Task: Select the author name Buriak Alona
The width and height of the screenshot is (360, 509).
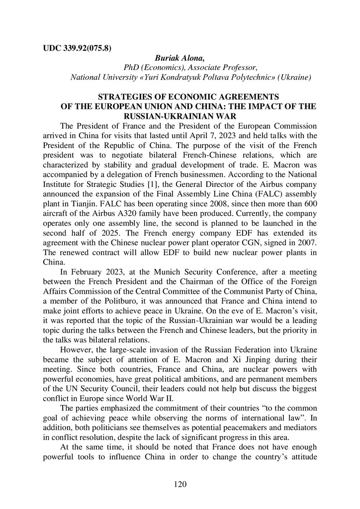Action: coord(176,58)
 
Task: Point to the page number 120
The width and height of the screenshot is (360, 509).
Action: coord(180,484)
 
